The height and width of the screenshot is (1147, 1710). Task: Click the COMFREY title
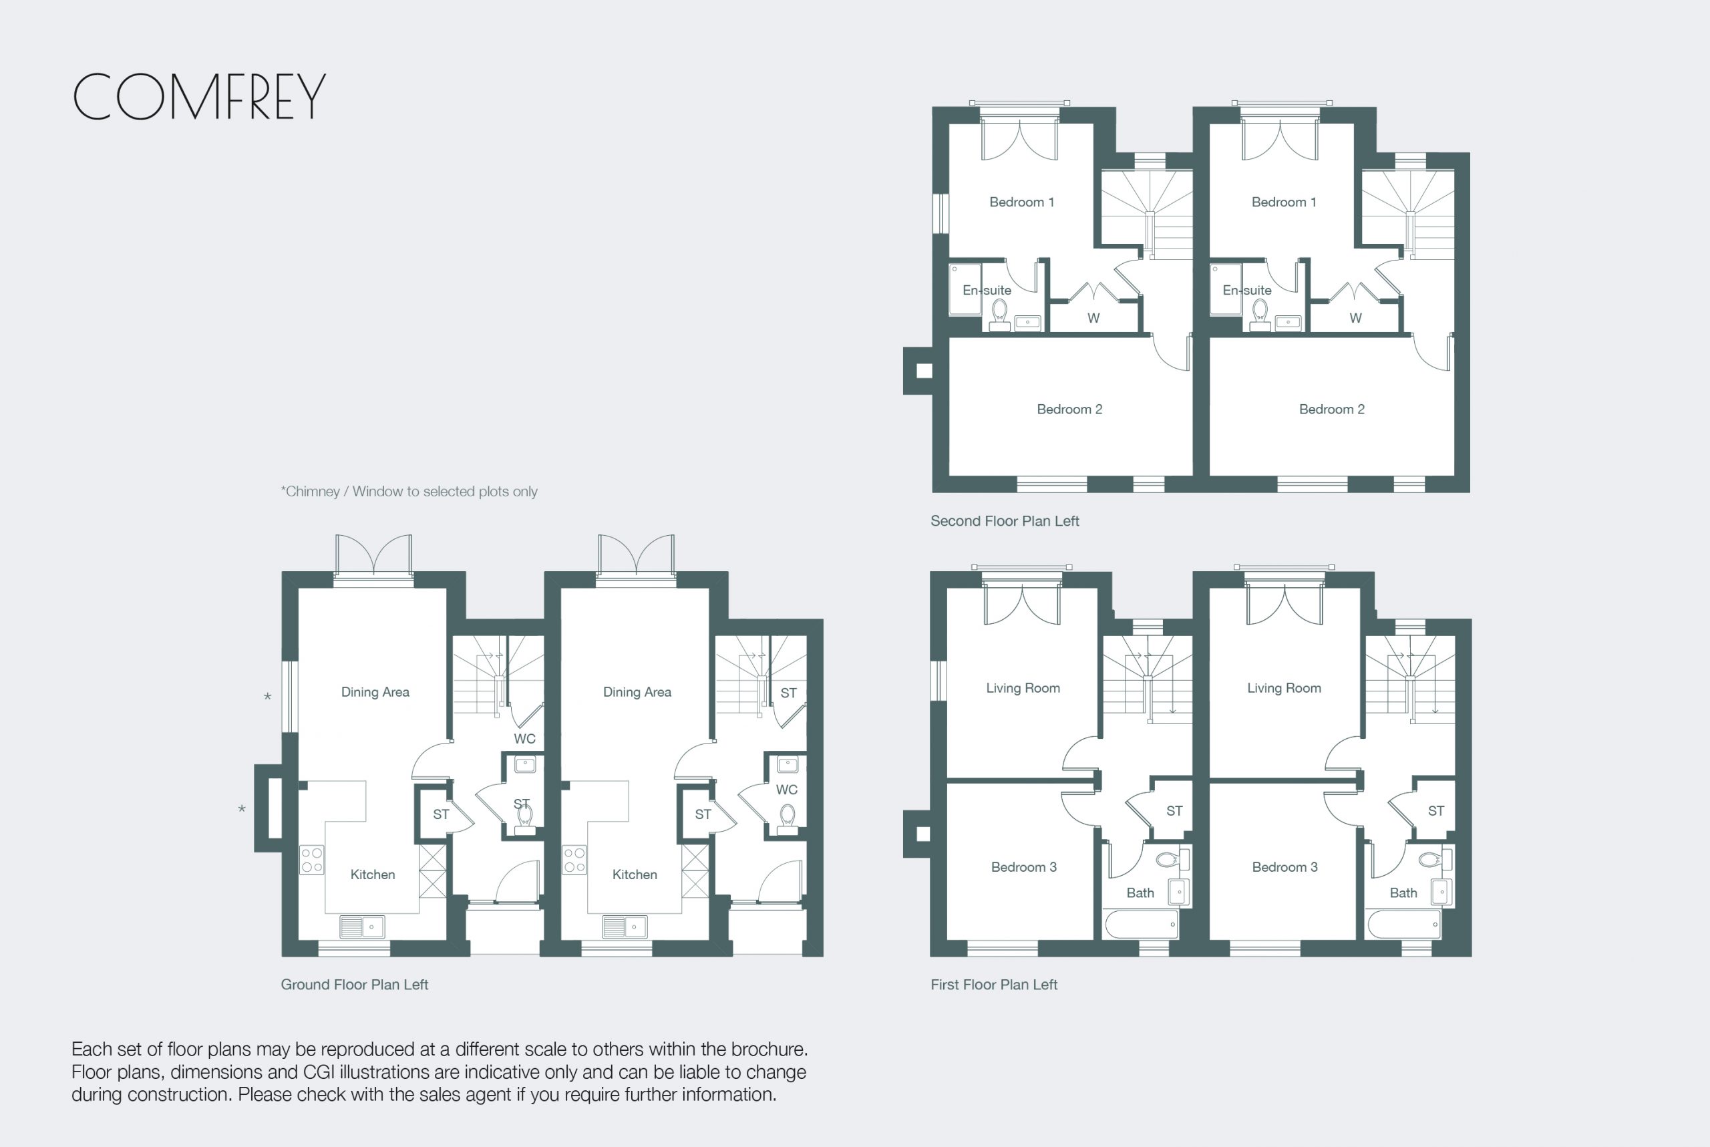pos(199,97)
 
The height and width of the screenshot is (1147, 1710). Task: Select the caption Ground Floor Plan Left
pos(355,985)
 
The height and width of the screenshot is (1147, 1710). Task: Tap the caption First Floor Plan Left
pos(994,985)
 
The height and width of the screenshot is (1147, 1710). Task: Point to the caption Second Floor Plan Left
pos(1005,521)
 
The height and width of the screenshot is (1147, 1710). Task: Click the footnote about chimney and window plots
pos(409,492)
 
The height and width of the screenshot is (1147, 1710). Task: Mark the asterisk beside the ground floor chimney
pos(241,809)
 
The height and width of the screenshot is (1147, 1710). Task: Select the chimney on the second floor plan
pos(918,371)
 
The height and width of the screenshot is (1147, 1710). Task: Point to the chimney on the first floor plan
pos(918,834)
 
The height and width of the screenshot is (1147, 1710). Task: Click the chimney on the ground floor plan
pos(269,808)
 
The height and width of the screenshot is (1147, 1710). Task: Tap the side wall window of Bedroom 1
pos(940,214)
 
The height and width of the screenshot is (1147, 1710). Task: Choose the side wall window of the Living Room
pos(938,681)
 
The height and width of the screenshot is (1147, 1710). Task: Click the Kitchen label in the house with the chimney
pos(372,874)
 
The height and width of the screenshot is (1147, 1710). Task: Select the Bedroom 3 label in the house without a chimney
pos(1285,867)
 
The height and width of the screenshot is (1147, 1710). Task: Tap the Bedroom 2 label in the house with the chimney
pos(1069,409)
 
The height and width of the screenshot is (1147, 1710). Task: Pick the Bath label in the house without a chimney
pos(1403,892)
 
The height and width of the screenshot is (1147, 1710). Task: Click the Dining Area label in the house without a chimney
pos(637,692)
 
